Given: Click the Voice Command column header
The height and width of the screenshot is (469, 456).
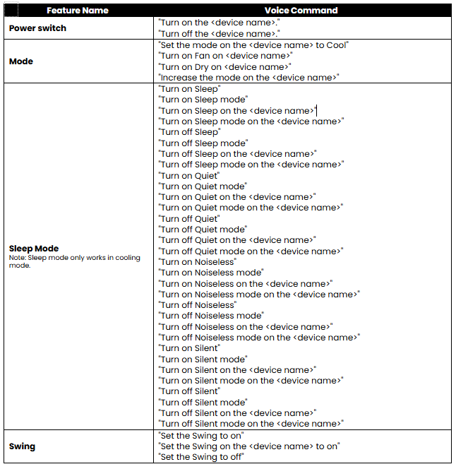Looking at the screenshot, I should [x=301, y=11].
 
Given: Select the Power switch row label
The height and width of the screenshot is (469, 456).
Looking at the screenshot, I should [x=37, y=28].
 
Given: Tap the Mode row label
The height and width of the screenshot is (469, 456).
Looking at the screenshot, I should [x=21, y=61].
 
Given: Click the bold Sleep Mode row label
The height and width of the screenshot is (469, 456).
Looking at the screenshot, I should [x=34, y=249].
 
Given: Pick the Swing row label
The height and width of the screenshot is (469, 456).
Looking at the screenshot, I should [x=22, y=446].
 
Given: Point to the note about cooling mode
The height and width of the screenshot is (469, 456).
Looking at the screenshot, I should [x=74, y=261].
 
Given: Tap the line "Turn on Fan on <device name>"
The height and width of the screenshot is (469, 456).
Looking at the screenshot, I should [x=226, y=56].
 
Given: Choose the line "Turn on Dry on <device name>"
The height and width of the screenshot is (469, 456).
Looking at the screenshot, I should [x=226, y=67].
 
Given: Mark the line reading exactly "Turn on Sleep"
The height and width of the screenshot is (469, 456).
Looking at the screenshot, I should [x=190, y=89].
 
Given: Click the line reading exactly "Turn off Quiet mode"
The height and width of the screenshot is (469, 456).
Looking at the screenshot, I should [x=203, y=230].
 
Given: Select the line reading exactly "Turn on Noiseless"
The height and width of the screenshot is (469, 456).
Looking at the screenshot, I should [x=198, y=262].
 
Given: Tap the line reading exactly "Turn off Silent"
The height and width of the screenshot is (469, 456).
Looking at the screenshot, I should [x=190, y=391].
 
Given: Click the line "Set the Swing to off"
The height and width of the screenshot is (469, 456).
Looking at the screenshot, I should [x=202, y=457].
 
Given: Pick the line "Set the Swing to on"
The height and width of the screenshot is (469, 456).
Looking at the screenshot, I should [x=201, y=436].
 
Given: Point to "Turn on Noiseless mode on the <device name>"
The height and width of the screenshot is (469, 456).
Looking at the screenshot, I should [x=260, y=295].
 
